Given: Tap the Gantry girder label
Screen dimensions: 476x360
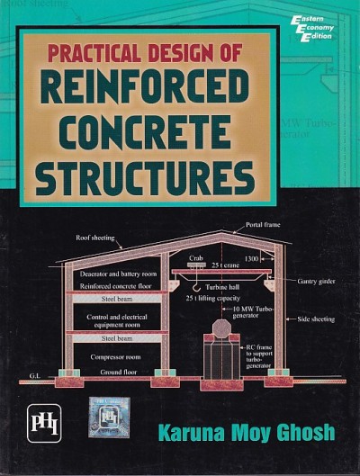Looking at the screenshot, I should point(315,281).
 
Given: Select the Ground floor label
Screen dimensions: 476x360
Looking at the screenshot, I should point(112,371).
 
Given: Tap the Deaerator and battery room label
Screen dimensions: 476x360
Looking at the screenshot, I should point(118,273).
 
